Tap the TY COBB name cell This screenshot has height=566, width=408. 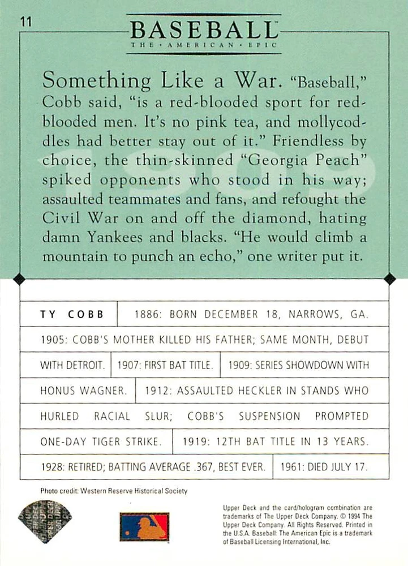(x=68, y=315)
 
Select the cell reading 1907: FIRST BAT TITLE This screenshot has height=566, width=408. (x=165, y=366)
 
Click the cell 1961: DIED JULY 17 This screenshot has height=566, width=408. (x=331, y=468)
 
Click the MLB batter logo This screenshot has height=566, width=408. (x=144, y=526)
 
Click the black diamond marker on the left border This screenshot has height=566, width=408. (x=19, y=279)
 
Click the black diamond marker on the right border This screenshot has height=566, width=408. (x=389, y=279)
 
